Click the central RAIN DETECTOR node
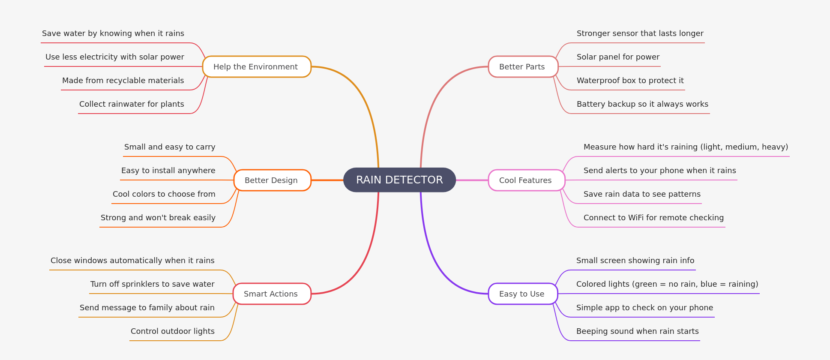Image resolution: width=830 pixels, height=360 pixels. coord(399,180)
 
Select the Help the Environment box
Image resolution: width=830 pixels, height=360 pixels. coord(256,67)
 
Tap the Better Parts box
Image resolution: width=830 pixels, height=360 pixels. coord(523,67)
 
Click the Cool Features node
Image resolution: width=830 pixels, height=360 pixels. coord(526,180)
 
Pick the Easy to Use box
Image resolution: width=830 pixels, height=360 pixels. coord(522,294)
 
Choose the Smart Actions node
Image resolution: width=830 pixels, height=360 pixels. coord(272,294)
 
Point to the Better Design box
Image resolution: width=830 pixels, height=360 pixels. coord(272,180)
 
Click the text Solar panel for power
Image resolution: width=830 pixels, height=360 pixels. coord(618,57)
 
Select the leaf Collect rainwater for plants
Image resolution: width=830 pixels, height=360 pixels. coord(132,104)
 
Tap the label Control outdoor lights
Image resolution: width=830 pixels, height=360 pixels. coord(172,331)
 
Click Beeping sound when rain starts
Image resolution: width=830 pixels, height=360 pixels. coord(637,331)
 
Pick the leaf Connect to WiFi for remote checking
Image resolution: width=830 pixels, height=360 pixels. coord(653,218)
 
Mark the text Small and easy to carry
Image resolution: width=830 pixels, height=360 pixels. coord(170,147)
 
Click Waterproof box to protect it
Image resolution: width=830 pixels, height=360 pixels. coord(630,81)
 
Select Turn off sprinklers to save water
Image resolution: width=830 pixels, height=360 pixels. coord(152,284)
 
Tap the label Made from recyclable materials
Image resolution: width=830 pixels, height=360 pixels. coord(123,81)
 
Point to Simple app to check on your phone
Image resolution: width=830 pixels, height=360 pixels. coord(644,308)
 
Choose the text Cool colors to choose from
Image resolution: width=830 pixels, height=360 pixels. coord(164,194)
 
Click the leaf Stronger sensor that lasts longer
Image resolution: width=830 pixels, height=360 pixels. coord(640,33)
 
